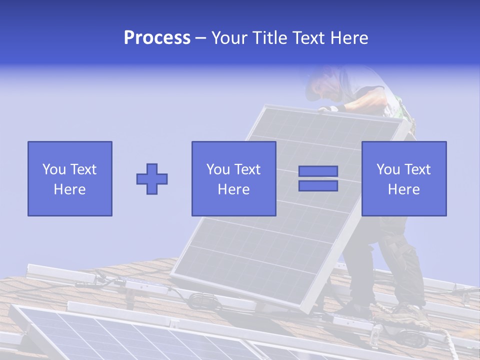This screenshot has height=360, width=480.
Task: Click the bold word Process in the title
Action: tap(157, 38)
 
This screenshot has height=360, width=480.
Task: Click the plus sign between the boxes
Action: tap(152, 178)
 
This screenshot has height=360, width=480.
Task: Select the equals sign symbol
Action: tap(318, 178)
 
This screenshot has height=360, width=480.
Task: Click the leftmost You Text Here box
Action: tap(70, 178)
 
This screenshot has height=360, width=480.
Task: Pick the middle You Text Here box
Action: tap(233, 178)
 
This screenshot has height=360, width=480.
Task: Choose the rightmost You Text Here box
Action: tap(404, 178)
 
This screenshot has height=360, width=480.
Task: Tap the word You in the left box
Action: tap(54, 169)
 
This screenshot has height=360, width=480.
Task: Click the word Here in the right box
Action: tap(404, 189)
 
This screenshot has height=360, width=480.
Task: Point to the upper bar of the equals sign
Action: tap(318, 171)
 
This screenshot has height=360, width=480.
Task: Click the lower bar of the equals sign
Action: tap(318, 186)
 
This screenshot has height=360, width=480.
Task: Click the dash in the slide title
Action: tap(201, 38)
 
